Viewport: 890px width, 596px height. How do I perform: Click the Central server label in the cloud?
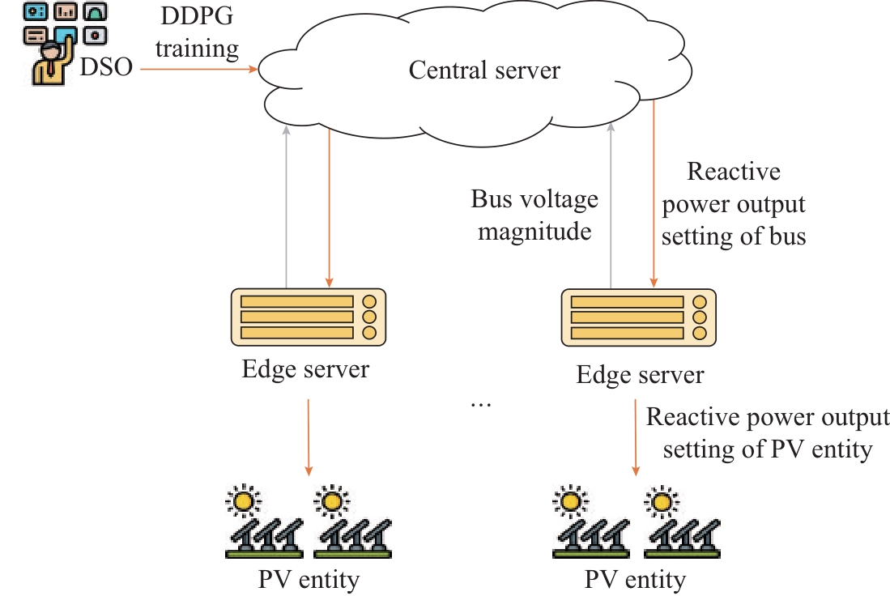484,70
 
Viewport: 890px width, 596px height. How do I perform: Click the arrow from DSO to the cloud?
199,70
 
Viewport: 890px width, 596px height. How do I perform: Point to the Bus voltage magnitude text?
534,215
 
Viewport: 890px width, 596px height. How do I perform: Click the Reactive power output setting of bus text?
734,204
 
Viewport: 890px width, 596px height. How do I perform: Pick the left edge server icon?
307,316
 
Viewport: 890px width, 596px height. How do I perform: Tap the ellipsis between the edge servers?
481,402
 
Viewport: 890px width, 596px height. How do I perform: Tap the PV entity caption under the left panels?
309,580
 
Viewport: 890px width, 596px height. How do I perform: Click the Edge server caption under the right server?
641,375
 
